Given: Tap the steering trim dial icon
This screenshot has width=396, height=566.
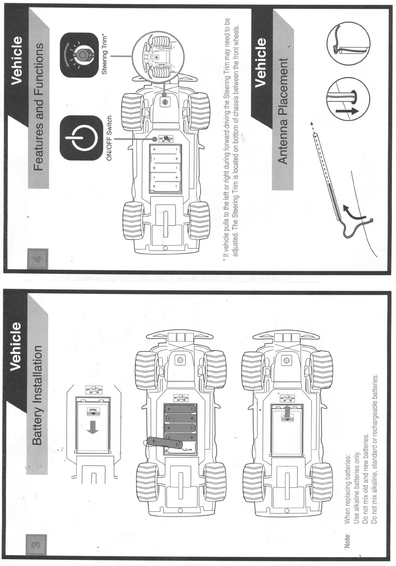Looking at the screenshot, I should [x=80, y=55].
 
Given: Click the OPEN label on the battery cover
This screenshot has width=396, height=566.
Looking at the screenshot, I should [x=93, y=410].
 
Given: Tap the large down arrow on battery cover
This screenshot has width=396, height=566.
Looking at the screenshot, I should [x=93, y=427].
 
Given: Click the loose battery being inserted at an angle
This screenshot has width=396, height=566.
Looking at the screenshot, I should [x=165, y=443].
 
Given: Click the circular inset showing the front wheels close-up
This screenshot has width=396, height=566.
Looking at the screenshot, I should [x=156, y=57].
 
